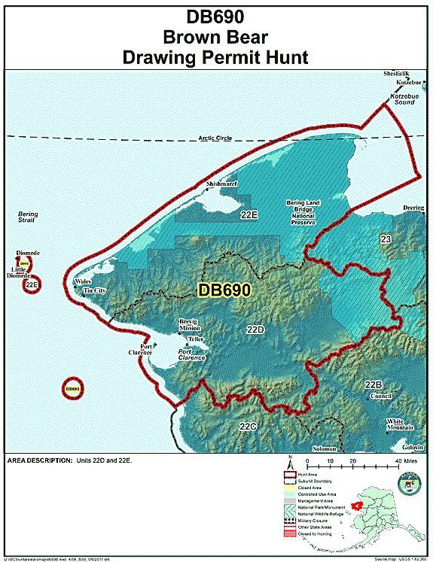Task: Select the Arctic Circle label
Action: pyautogui.click(x=215, y=138)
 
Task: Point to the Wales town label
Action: pyautogui.click(x=82, y=281)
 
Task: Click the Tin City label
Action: pyautogui.click(x=94, y=290)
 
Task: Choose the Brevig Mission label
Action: pyautogui.click(x=189, y=325)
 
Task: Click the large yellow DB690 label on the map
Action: pyautogui.click(x=224, y=289)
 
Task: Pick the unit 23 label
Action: pyautogui.click(x=386, y=239)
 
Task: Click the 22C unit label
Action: pyautogui.click(x=248, y=427)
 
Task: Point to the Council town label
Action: pyautogui.click(x=382, y=396)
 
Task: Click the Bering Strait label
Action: pyautogui.click(x=28, y=218)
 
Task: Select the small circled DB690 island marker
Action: pyautogui.click(x=72, y=389)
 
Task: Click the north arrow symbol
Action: pyautogui.click(x=289, y=462)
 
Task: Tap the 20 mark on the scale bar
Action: pyautogui.click(x=352, y=458)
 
